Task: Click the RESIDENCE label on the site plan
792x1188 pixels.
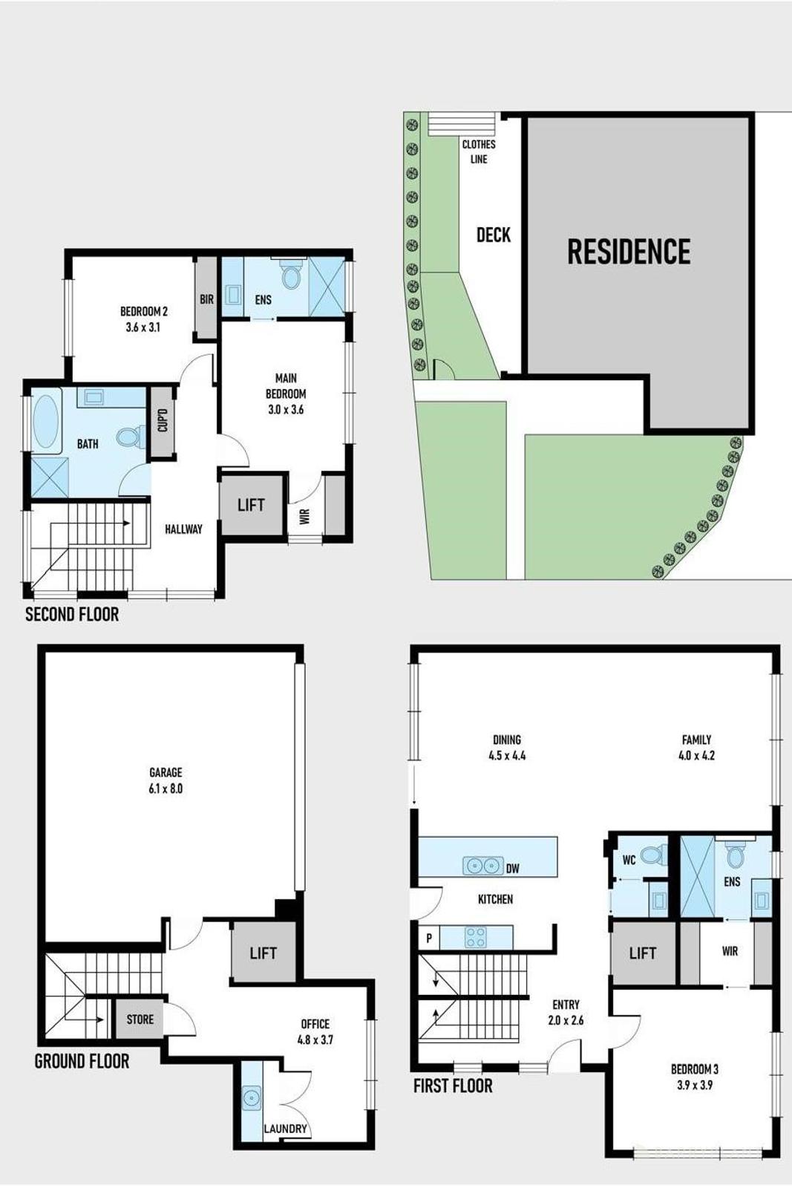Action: tap(629, 252)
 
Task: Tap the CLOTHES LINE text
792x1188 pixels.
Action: tap(479, 151)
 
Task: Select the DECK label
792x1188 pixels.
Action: tap(494, 235)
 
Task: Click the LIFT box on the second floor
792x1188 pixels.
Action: tap(251, 505)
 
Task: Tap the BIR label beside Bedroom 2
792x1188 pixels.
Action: tap(206, 299)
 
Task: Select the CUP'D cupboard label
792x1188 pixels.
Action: tap(163, 421)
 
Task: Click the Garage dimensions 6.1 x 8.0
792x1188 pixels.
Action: tap(166, 789)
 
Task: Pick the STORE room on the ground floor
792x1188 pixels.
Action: tap(140, 1019)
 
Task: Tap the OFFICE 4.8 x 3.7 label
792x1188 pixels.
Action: tap(315, 1031)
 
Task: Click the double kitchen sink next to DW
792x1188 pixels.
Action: tap(483, 866)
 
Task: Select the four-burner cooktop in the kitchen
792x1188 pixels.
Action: tap(475, 937)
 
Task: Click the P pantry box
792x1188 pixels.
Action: tap(429, 939)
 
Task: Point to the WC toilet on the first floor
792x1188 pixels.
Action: tap(652, 855)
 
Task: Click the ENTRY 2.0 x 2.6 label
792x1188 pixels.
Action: tap(566, 1012)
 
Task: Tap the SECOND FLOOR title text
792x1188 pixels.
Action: tap(72, 614)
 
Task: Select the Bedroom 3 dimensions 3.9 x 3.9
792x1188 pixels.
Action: tap(694, 1085)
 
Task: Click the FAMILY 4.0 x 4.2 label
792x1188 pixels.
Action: tap(696, 748)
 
